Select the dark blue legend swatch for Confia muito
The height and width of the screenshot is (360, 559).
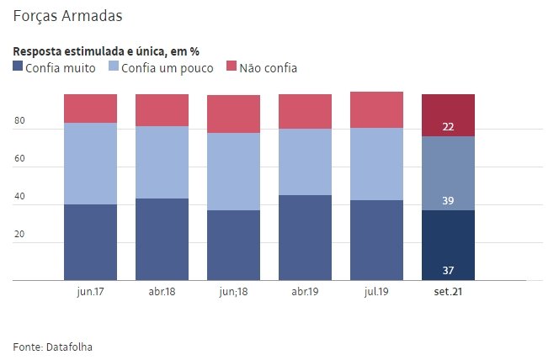(x=19, y=66)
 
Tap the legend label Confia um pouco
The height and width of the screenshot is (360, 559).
(x=168, y=67)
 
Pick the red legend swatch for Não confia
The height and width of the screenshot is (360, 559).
(x=232, y=66)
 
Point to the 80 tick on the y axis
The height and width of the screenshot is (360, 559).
(x=19, y=122)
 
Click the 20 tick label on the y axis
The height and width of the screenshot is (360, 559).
(x=19, y=236)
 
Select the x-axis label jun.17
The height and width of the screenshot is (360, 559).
(x=90, y=292)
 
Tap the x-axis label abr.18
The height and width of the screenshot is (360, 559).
(x=162, y=292)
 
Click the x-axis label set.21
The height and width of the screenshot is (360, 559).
(x=448, y=292)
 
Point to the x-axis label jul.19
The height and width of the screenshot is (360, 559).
(x=376, y=292)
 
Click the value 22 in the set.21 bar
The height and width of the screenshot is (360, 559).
(x=449, y=127)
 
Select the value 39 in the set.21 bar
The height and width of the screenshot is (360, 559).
(x=449, y=201)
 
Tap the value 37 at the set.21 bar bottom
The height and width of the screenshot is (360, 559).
(x=449, y=270)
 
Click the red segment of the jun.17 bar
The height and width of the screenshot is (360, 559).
(x=90, y=109)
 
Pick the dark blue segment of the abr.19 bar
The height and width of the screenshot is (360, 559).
(x=305, y=237)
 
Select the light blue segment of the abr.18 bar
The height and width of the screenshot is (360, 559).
(x=162, y=162)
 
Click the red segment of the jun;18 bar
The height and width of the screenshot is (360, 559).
(x=233, y=114)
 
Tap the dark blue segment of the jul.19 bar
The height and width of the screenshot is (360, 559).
(x=376, y=240)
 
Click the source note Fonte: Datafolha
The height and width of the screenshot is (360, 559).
(x=53, y=346)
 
